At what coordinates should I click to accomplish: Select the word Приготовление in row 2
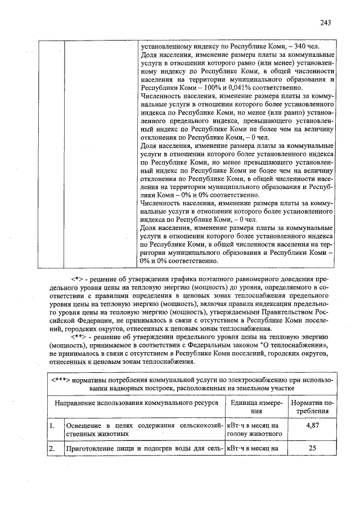pos(92,449)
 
